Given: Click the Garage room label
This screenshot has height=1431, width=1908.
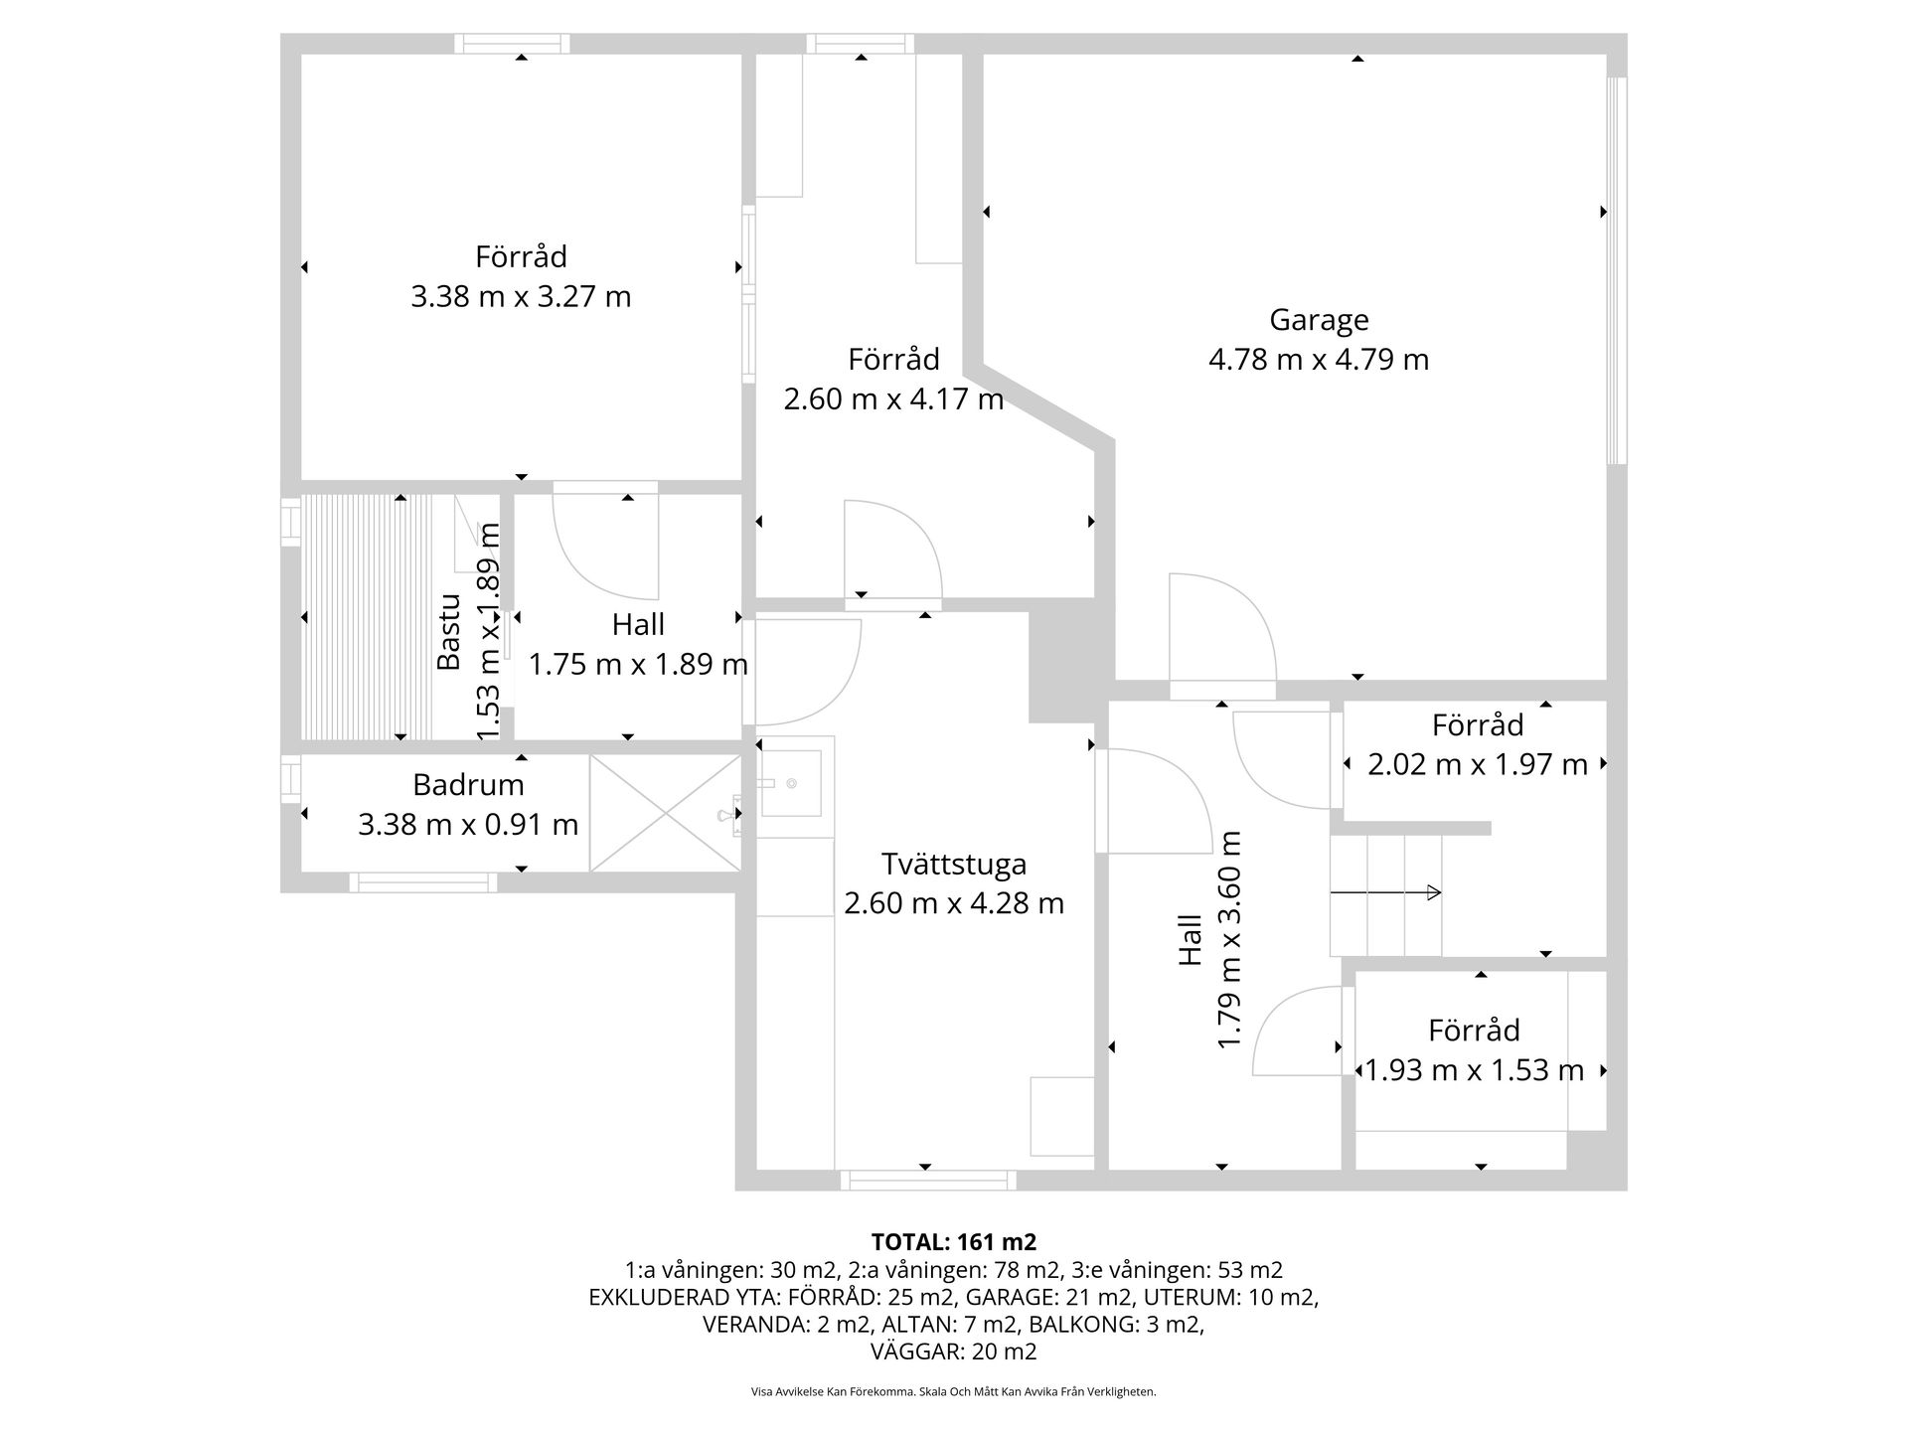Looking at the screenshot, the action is (x=1319, y=320).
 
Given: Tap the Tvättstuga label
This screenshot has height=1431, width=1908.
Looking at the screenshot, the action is (x=954, y=864).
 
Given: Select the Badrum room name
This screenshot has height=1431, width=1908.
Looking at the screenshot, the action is (x=468, y=785).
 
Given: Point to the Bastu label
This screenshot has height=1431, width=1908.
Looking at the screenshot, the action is (x=450, y=632).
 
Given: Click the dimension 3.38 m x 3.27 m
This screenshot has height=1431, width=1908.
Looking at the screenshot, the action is (x=521, y=297).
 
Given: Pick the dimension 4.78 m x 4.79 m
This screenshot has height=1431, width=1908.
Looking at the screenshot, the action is (x=1319, y=359).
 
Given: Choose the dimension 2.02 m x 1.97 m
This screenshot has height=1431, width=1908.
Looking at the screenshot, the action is (x=1478, y=764).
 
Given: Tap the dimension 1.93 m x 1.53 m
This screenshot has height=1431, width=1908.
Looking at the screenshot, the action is (x=1474, y=1070).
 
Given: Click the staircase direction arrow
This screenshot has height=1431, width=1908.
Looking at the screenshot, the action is (x=1385, y=892).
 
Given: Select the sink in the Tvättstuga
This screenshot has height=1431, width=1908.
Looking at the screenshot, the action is (x=791, y=783).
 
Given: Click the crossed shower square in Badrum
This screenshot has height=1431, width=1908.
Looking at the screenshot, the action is (x=665, y=813).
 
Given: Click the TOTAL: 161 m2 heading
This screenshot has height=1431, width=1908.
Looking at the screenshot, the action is (x=954, y=1242).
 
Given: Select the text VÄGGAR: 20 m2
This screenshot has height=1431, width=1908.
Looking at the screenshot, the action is (x=954, y=1351).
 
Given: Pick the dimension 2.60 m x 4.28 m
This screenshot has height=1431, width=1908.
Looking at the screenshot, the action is (x=954, y=903).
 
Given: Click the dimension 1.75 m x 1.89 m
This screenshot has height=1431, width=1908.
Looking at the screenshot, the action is (x=638, y=664).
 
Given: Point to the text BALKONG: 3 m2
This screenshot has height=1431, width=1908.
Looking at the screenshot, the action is (x=1116, y=1325).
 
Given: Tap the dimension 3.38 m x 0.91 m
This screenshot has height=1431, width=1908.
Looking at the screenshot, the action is (x=468, y=824).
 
